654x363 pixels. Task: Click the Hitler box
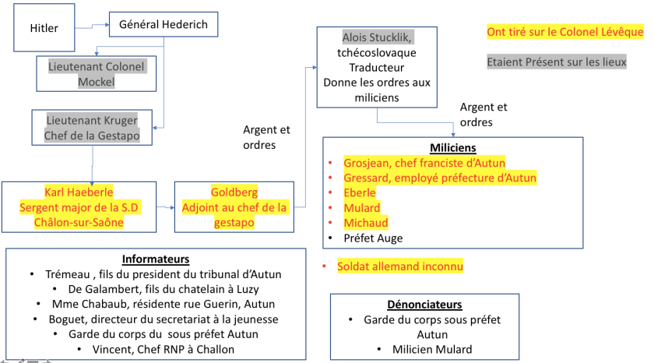[44, 29]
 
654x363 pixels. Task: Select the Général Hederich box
[163, 25]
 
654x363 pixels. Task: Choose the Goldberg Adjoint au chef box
[234, 206]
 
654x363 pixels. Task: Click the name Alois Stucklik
[377, 37]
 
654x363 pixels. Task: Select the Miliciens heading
[452, 147]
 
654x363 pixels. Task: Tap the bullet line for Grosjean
[424, 163]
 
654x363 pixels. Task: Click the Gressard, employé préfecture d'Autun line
[440, 178]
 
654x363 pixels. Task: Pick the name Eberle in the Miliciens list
[360, 192]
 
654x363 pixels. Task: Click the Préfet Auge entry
[373, 238]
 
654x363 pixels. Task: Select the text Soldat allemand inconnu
[400, 266]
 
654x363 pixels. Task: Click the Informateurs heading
[156, 259]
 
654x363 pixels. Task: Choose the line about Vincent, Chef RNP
[156, 349]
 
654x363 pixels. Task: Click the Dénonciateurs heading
[424, 305]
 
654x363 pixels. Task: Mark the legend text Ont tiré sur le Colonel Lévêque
[565, 32]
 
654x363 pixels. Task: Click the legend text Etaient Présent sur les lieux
[556, 62]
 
